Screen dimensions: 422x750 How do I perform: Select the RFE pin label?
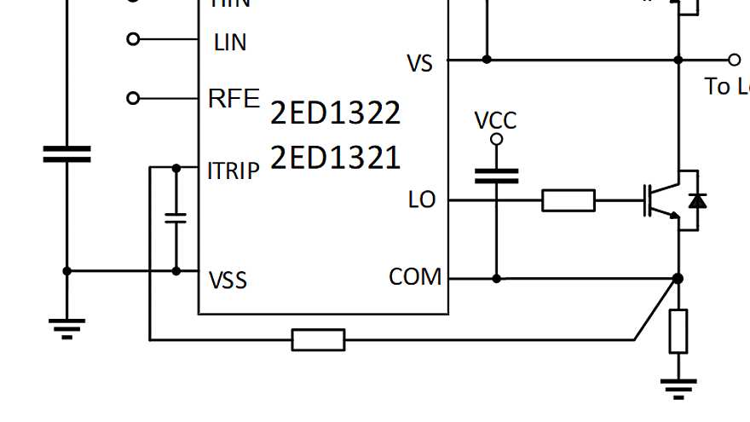point(233,99)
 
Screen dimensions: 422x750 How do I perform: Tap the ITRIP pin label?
point(233,171)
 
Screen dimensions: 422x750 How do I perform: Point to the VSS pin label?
point(228,280)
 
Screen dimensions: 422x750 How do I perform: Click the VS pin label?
point(420,64)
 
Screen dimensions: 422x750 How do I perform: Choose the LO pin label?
point(422,200)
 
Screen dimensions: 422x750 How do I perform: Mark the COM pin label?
point(415,277)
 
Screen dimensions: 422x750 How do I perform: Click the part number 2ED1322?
point(335,113)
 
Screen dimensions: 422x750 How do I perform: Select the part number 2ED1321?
point(335,158)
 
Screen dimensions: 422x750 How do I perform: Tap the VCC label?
point(495,120)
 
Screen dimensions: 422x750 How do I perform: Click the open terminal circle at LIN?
point(132,39)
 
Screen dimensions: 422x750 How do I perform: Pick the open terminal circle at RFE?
point(132,99)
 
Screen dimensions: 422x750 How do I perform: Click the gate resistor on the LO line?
point(568,201)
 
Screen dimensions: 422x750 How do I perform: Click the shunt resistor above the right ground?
point(678,332)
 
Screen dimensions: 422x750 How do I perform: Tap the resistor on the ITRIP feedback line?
point(318,340)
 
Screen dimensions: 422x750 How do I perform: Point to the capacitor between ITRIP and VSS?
point(176,217)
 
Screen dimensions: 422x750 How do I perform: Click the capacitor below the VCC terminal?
point(496,176)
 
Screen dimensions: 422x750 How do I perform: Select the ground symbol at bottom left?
point(66,327)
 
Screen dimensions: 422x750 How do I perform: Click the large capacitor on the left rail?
point(66,154)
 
